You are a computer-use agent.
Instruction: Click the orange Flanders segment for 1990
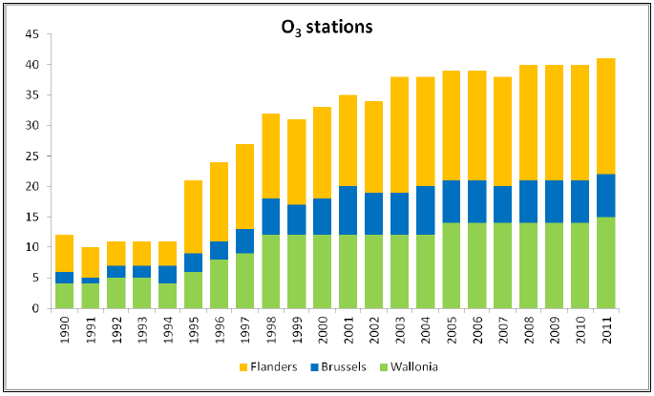tap(63, 253)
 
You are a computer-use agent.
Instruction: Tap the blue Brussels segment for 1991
tap(89, 281)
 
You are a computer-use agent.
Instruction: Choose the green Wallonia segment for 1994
tap(166, 296)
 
